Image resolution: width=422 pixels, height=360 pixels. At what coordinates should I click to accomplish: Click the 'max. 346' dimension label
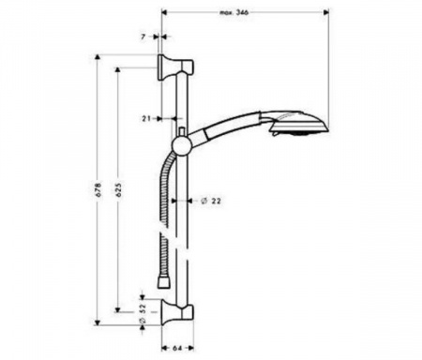pos(234,12)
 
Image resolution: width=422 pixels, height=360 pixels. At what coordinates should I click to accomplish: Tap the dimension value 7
pos(143,37)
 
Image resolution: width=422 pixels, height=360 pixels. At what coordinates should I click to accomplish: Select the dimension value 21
pos(146,119)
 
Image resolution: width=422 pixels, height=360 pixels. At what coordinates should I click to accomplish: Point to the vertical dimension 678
pos(98,189)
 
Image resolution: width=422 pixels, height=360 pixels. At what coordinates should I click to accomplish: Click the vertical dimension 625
pos(118,189)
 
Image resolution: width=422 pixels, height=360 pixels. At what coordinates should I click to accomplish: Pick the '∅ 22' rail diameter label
pos(211,201)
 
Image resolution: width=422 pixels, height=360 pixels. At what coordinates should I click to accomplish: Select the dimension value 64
pos(177,348)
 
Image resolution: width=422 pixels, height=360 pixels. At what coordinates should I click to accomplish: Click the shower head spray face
pos(298,133)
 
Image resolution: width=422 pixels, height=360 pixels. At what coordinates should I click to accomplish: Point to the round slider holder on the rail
pos(181,146)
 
